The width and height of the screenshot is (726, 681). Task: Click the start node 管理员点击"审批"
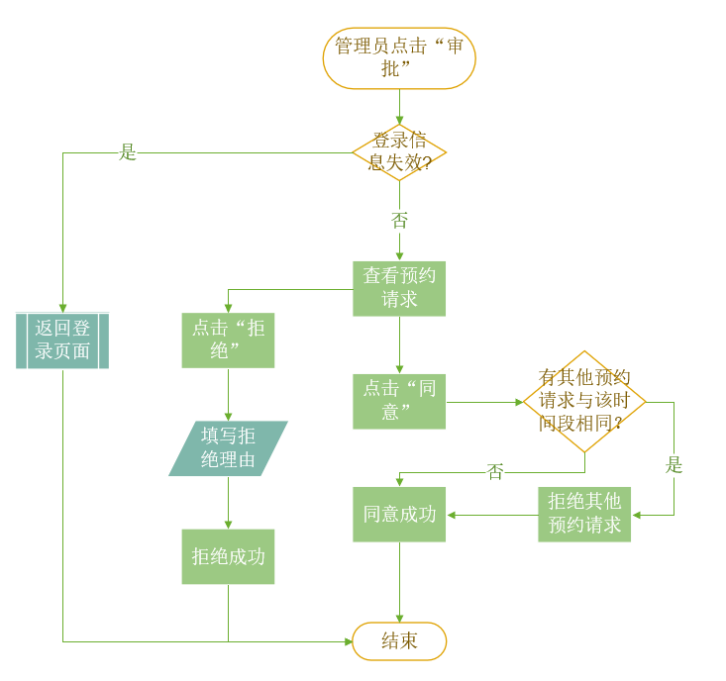tap(399, 58)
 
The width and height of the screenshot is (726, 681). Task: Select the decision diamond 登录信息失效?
tap(399, 152)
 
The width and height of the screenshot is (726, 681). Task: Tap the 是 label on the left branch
tap(128, 152)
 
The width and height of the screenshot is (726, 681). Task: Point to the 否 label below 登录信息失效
tap(399, 220)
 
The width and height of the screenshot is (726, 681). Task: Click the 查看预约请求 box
tap(399, 288)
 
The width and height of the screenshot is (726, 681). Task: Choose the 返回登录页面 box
tap(62, 340)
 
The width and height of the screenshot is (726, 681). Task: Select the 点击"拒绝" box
tap(228, 340)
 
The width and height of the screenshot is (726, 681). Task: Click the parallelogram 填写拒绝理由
tap(228, 448)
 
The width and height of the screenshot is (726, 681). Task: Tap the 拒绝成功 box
tap(228, 556)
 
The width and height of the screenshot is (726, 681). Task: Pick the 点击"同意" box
tap(399, 401)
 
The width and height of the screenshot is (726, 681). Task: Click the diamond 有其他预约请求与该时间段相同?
tap(584, 401)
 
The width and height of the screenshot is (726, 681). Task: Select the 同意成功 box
tap(399, 514)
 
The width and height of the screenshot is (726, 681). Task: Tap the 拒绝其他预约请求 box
tap(584, 514)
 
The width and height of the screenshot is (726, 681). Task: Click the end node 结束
tap(399, 640)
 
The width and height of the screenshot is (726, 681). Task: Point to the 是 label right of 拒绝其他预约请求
tap(674, 465)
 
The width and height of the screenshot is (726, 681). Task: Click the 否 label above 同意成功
tap(495, 472)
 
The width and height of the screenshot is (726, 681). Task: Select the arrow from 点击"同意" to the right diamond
tap(483, 402)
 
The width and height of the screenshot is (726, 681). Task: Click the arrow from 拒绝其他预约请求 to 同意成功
tap(492, 515)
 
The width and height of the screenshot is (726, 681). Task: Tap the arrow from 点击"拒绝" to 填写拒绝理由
tap(228, 395)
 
